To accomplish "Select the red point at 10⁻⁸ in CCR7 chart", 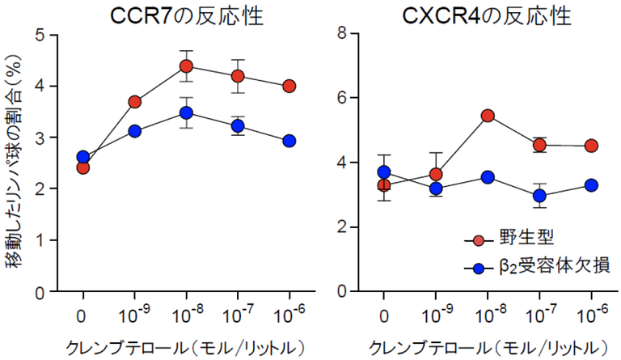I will pyautogui.click(x=186, y=66).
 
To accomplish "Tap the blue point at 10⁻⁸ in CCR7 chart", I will pyautogui.click(x=186, y=113).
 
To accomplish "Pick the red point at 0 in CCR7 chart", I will pyautogui.click(x=82, y=167).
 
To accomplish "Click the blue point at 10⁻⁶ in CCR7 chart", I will pyautogui.click(x=289, y=141).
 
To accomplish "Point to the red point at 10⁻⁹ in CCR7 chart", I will pyautogui.click(x=134, y=102).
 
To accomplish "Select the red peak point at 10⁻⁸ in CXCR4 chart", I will pyautogui.click(x=488, y=116).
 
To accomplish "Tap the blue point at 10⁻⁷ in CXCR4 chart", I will pyautogui.click(x=539, y=196).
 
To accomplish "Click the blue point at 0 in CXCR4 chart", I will pyautogui.click(x=384, y=172).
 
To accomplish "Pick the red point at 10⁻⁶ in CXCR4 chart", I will pyautogui.click(x=591, y=146).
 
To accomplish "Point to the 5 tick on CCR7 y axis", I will pyautogui.click(x=41, y=35).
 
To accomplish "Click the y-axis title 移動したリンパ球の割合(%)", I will pyautogui.click(x=15, y=162).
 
